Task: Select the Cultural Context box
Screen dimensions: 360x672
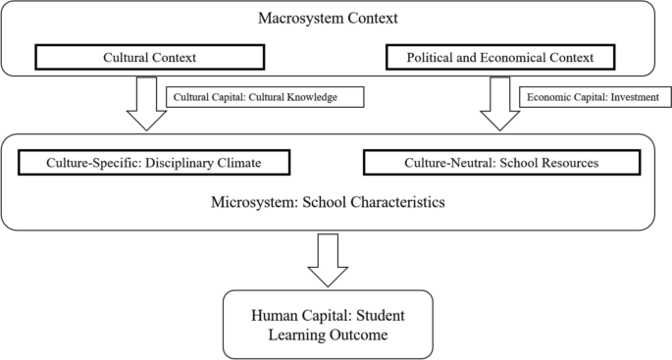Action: (x=146, y=57)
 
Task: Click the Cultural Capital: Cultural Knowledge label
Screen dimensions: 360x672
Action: (x=267, y=97)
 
